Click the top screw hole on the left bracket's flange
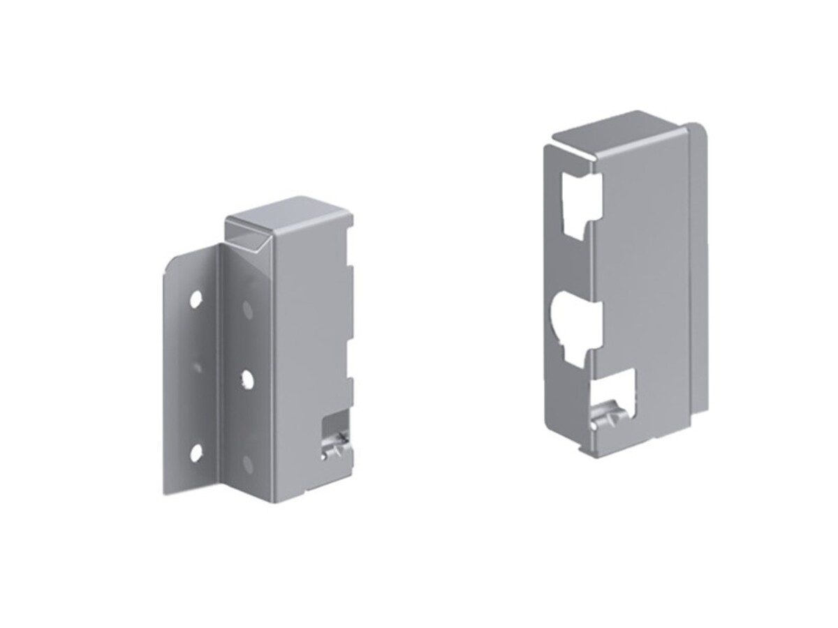tap(196, 300)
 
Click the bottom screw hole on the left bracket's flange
tap(196, 453)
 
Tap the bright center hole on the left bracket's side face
tap(247, 379)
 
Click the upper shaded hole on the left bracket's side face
tap(247, 307)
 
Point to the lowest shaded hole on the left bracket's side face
tap(247, 461)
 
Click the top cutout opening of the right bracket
tap(581, 202)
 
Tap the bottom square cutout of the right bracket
tap(613, 394)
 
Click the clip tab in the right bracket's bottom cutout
tap(606, 419)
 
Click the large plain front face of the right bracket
tap(642, 279)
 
